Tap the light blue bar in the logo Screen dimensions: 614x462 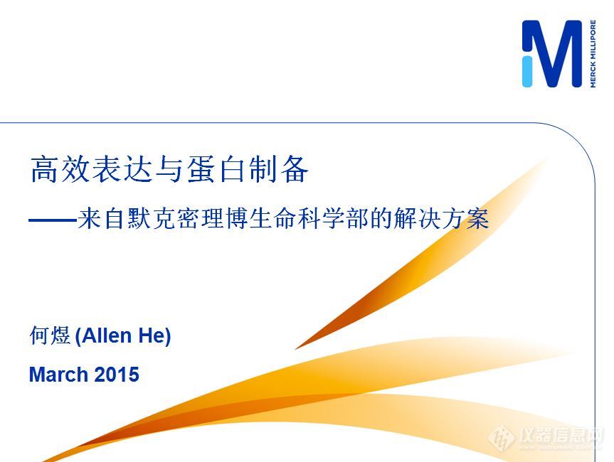coord(527,71)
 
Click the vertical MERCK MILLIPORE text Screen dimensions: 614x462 coord(593,53)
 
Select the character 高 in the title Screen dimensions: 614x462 coord(45,169)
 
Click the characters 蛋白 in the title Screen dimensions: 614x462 coord(216,169)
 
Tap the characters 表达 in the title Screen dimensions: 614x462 coord(122,169)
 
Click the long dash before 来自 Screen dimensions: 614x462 coord(53,220)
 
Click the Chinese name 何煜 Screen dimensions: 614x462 coord(50,335)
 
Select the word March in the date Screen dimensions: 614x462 coord(58,375)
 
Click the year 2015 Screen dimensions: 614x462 coord(117,375)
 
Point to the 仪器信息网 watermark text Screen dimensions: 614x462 coord(561,434)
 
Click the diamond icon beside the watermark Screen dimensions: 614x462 coord(502,437)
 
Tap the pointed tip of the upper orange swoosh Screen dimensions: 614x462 coord(296,348)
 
